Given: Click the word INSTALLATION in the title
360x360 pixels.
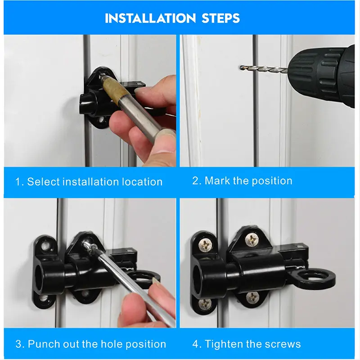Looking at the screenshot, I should coord(148,18).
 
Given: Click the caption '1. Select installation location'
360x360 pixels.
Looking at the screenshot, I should coord(89,182).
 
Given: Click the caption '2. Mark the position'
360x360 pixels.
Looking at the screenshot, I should coord(242,181).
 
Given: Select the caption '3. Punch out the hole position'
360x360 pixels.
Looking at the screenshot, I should coord(91,344).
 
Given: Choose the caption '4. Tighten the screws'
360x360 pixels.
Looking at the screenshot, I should coord(247,344).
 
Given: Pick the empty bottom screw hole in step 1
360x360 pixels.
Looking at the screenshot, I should coord(100,120).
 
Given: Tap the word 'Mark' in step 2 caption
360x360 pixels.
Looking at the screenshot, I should coord(218,181).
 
